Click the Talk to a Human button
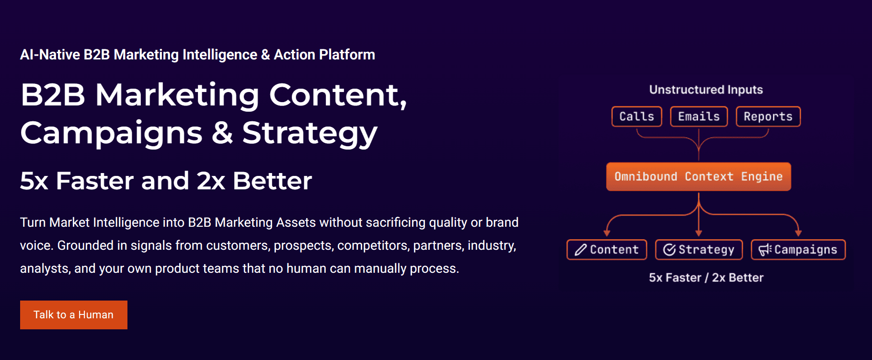(74, 315)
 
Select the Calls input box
(637, 116)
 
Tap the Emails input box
(699, 116)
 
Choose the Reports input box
(768, 116)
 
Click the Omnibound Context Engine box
(699, 177)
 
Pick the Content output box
(607, 250)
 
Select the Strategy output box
(699, 250)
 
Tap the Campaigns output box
(798, 250)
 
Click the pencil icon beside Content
(581, 250)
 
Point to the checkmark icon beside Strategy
(669, 250)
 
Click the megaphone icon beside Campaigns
(765, 250)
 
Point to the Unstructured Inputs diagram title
(706, 90)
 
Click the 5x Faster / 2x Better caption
(706, 278)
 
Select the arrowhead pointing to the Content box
(607, 233)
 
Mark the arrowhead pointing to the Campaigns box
(798, 233)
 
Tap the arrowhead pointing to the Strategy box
(699, 233)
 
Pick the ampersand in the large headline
(222, 133)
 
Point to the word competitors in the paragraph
(372, 245)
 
